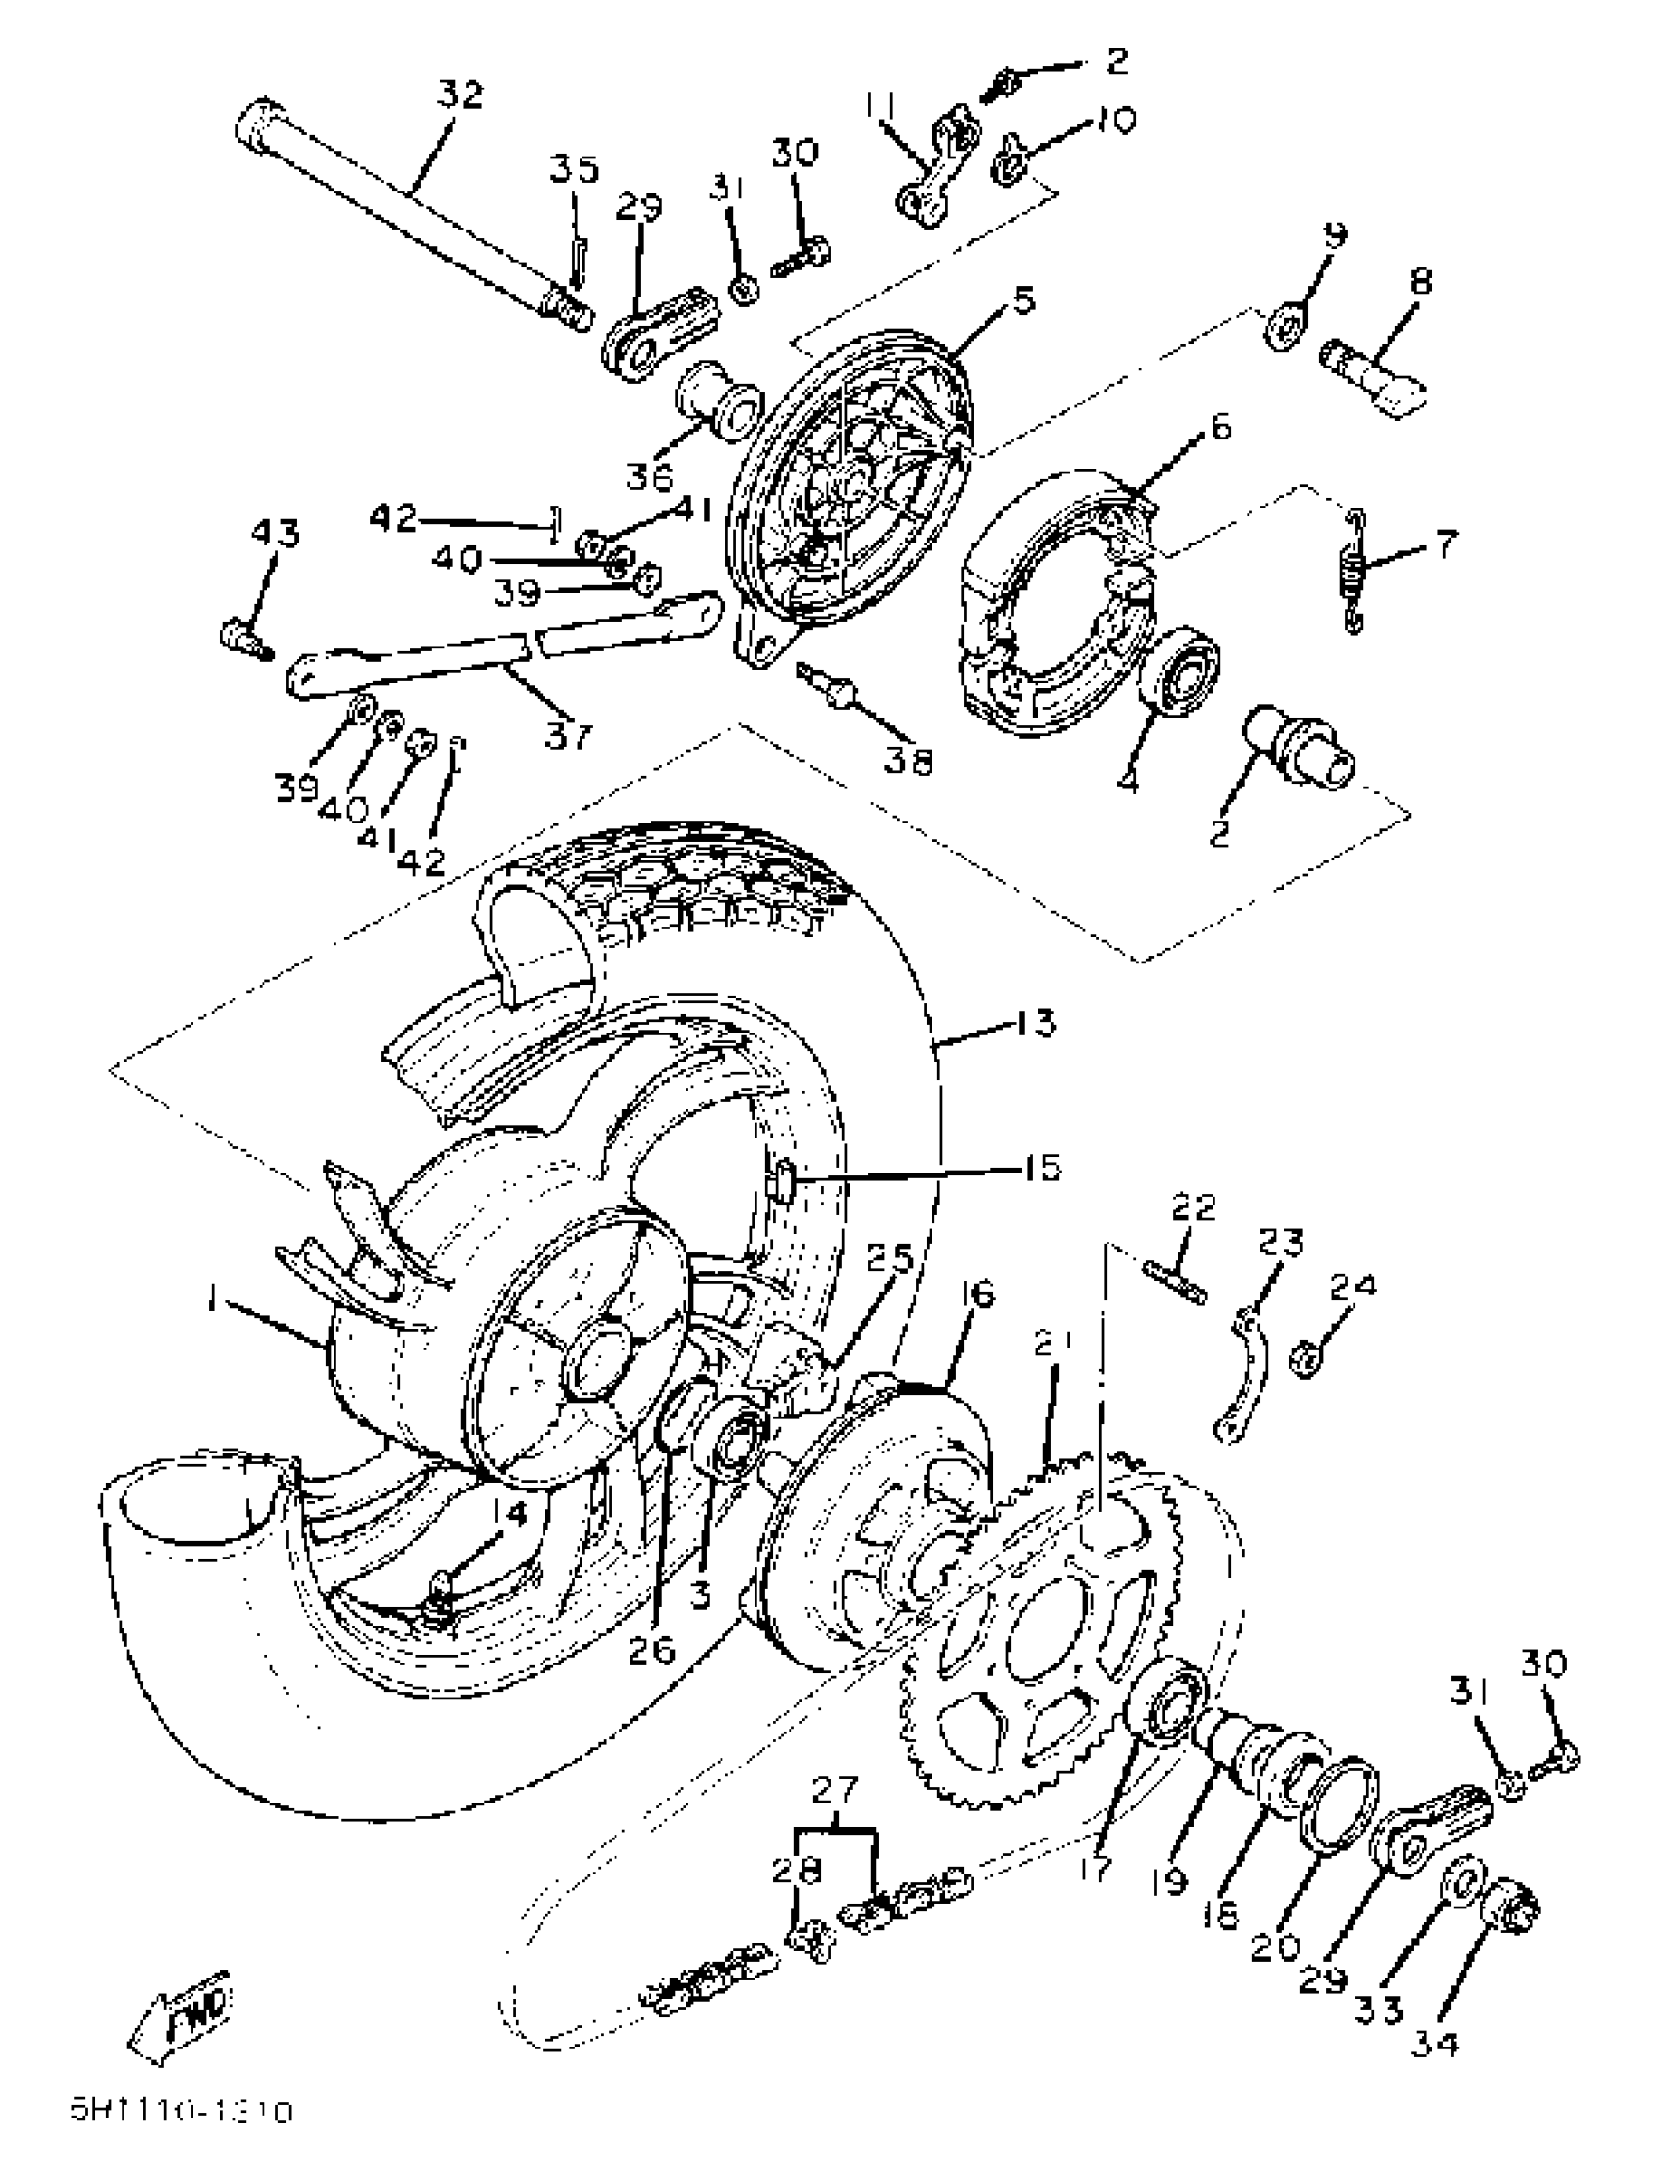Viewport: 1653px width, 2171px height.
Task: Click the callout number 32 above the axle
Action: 461,95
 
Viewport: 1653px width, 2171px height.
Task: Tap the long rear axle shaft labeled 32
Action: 413,215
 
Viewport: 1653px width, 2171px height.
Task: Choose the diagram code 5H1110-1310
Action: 182,2111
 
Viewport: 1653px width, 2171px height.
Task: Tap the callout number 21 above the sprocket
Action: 1052,1345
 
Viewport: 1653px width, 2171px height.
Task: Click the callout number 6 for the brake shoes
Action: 1219,427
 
